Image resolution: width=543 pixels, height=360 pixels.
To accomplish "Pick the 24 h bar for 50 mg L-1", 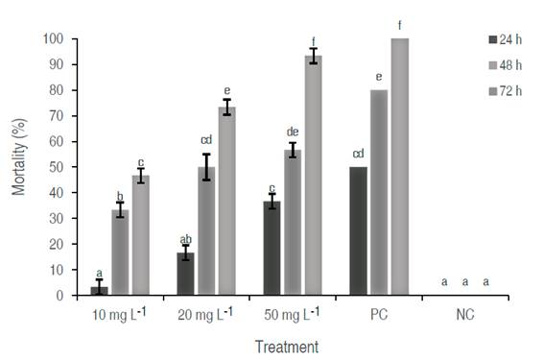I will click(272, 249).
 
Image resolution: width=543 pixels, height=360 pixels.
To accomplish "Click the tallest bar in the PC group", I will click(400, 167).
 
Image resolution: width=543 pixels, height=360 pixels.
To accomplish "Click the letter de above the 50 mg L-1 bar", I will click(293, 132).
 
